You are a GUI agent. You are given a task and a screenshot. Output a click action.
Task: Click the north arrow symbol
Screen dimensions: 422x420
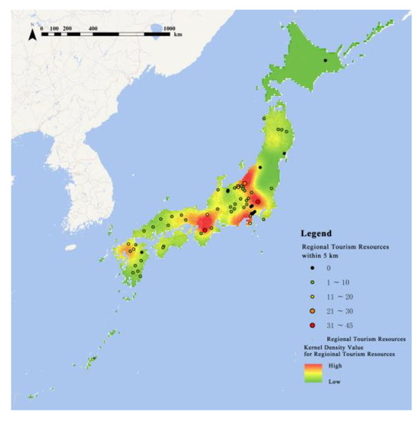[31, 31]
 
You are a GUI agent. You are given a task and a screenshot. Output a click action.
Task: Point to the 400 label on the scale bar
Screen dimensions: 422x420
[93, 28]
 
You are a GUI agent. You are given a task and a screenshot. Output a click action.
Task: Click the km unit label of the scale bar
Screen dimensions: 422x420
[178, 35]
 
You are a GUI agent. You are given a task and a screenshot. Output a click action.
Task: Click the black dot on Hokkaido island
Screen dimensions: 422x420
[325, 60]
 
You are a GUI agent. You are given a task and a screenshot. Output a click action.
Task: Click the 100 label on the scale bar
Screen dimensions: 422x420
[54, 28]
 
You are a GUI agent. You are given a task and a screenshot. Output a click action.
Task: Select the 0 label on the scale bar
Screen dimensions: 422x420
[41, 28]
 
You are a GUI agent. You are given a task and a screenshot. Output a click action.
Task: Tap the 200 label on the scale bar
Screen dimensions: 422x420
[67, 28]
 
